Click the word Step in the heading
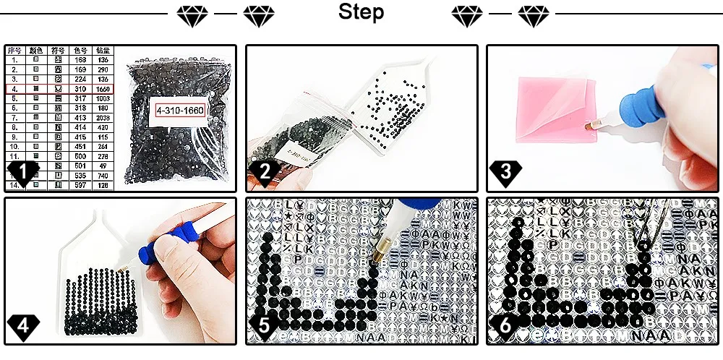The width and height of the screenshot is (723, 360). point(361,13)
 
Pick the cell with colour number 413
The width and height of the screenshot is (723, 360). point(80,116)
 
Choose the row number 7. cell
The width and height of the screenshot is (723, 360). point(15,116)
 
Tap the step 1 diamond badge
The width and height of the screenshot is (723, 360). point(23,173)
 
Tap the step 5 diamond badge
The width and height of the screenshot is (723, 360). point(264,326)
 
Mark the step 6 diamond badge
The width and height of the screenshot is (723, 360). point(505,326)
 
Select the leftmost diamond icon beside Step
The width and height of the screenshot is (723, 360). point(192,14)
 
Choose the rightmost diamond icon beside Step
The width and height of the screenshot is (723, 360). point(534,14)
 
